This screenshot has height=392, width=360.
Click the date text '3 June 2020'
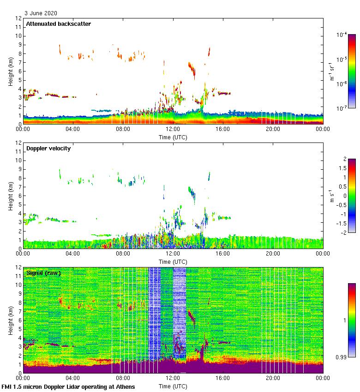(41, 13)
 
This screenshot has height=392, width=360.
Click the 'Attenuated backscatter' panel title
(58, 24)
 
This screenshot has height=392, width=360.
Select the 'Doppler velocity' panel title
(48, 148)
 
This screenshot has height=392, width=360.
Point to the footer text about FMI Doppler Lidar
(68, 386)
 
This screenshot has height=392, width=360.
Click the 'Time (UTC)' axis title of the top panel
(173, 137)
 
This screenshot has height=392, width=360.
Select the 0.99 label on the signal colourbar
(342, 357)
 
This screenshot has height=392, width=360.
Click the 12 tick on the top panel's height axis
(18, 18)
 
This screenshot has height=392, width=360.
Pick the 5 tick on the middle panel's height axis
(20, 204)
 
